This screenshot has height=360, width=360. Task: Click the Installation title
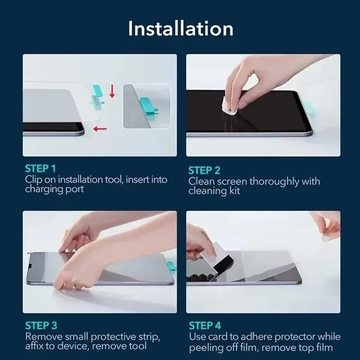point(180,28)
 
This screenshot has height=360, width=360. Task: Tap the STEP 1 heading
point(40,169)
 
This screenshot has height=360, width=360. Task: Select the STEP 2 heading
point(204,170)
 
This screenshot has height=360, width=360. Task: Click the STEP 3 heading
point(40,325)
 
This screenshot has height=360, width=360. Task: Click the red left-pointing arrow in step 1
point(100,130)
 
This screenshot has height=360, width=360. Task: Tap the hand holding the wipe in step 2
point(252,79)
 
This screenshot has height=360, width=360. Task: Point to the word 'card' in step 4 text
point(218,336)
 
